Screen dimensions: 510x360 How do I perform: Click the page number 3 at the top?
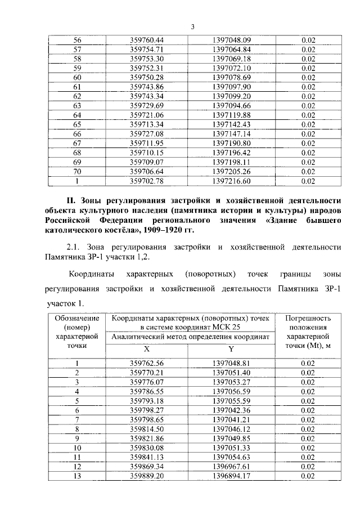[x=192, y=26]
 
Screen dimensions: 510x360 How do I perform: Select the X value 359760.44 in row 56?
[x=146, y=40]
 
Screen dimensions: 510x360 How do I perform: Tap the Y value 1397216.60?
[x=231, y=181]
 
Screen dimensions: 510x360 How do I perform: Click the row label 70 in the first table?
[x=78, y=172]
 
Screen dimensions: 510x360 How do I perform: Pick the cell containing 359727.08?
[x=146, y=134]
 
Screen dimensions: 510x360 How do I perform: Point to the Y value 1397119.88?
[x=231, y=115]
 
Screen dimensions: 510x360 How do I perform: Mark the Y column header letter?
[x=231, y=349]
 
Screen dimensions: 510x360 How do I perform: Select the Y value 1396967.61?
[x=231, y=467]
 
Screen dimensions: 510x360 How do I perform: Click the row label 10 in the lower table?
[x=78, y=448]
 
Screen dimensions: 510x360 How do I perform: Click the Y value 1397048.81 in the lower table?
[x=231, y=363]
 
